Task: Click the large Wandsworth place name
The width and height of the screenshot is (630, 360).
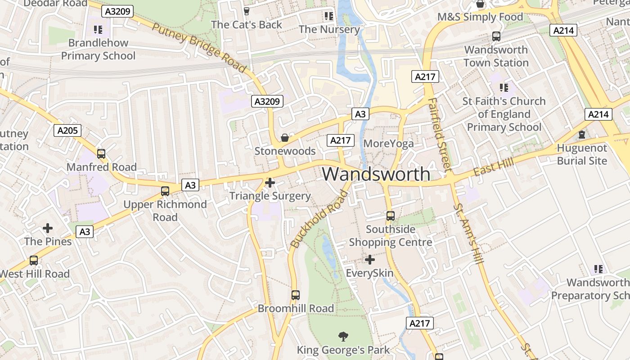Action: (376, 174)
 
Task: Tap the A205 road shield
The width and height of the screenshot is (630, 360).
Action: (68, 130)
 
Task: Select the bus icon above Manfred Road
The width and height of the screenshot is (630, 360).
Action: (101, 154)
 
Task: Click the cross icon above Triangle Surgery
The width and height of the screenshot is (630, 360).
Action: (270, 183)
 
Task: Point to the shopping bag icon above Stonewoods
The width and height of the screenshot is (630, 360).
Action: (285, 137)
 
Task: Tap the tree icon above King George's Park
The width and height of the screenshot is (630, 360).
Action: (343, 336)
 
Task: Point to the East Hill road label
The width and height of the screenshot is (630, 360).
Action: (493, 168)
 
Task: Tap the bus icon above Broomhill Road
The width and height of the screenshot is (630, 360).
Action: (296, 295)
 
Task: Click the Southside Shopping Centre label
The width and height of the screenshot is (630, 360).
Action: (391, 236)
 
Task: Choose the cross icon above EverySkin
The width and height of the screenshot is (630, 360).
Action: (369, 260)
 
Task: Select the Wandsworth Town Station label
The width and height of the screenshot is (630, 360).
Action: (496, 56)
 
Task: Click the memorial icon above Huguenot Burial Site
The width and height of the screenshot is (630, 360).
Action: (582, 135)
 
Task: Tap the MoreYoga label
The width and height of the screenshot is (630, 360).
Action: (388, 144)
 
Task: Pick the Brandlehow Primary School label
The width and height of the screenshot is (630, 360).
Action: (98, 49)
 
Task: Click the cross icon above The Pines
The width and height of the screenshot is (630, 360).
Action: (48, 228)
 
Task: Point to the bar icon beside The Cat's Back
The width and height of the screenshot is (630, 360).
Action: (246, 11)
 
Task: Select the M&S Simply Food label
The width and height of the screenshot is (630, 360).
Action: (480, 17)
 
